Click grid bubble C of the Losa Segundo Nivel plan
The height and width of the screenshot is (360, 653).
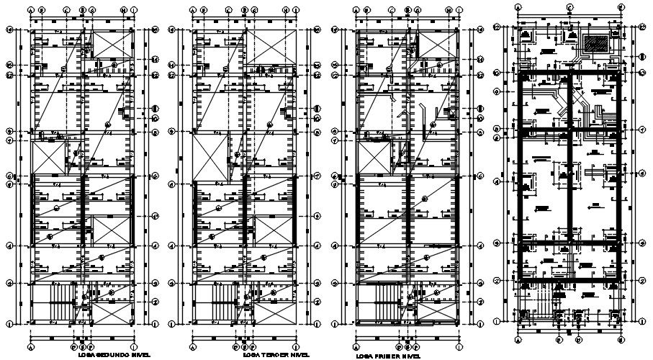coord(66,10)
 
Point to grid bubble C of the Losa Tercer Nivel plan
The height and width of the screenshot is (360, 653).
coord(229,10)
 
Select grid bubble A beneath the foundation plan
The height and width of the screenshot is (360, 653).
coord(519,338)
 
